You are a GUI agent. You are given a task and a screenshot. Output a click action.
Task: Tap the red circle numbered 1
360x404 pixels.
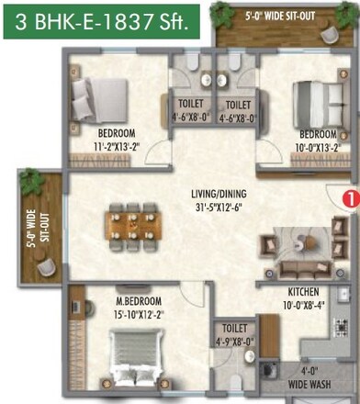[348, 196]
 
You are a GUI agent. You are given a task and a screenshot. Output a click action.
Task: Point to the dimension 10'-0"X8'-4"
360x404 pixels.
[278, 299]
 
